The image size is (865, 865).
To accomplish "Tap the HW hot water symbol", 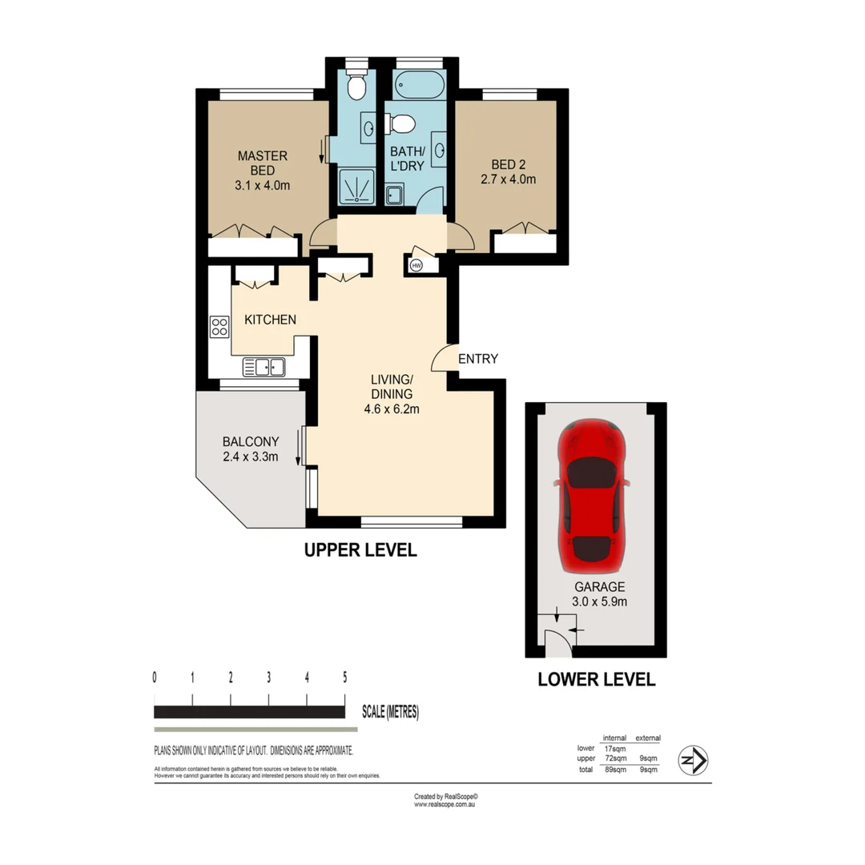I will [x=416, y=265].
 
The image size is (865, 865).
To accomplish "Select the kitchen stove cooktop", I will [x=219, y=326].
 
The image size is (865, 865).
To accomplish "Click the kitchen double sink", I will [x=264, y=367].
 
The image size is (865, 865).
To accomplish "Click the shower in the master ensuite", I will [x=355, y=187].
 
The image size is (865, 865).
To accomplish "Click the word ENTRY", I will [x=478, y=359].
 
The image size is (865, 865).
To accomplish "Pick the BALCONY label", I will [x=250, y=441].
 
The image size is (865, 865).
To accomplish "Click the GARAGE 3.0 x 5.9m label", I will [x=596, y=592].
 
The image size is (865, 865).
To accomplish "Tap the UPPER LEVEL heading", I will [x=359, y=550].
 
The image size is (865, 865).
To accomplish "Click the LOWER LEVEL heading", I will [x=596, y=680].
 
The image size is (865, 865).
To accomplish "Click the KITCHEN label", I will [x=270, y=320].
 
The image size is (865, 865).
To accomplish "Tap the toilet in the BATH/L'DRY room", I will [x=400, y=123].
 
